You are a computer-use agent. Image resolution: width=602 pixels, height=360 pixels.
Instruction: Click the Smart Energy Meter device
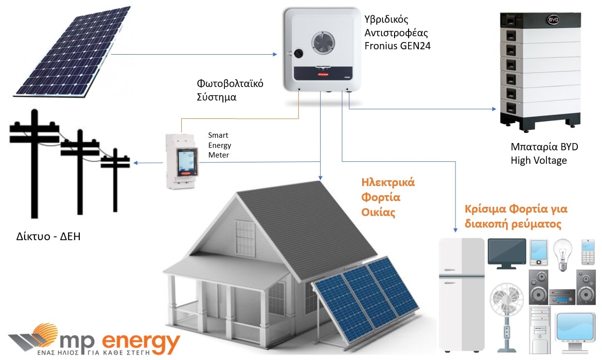pyautogui.click(x=182, y=160)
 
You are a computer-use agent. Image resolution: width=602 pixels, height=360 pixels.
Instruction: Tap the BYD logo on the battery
pyautogui.click(x=552, y=20)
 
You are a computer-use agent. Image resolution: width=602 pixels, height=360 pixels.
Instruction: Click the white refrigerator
pyautogui.click(x=461, y=294)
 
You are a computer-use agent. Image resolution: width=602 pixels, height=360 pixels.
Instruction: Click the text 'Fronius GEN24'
pyautogui.click(x=397, y=46)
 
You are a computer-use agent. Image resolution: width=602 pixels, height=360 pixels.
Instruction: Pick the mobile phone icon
pyautogui.click(x=587, y=251)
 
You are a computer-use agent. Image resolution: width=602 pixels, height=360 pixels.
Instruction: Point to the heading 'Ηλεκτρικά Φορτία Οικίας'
pyautogui.click(x=388, y=197)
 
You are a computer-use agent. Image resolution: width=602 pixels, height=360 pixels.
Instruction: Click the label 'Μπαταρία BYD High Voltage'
pyautogui.click(x=544, y=153)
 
